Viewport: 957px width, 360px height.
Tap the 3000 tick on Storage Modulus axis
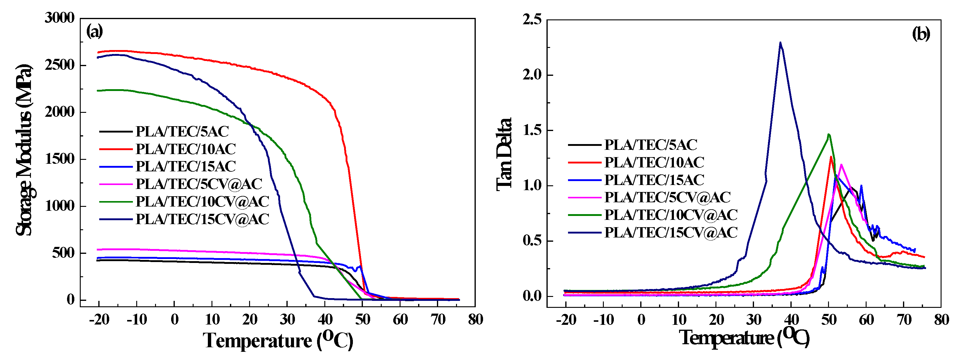59,18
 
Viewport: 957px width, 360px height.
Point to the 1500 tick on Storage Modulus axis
59,159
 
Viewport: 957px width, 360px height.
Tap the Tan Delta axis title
505,155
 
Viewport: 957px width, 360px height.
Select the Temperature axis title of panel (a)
278,340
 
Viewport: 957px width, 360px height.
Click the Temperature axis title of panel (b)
744,337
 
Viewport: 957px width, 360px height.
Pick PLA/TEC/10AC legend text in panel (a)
186,149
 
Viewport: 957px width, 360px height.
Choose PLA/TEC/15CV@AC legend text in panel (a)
202,219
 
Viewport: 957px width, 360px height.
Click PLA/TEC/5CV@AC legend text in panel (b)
668,197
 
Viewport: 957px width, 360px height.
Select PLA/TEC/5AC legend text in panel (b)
651,145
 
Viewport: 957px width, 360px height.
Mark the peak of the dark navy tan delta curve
780,42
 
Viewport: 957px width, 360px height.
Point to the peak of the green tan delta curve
828,134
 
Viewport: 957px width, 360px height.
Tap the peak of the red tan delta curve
831,157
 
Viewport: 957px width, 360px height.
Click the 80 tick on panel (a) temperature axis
475,319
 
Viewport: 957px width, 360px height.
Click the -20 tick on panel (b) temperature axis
566,320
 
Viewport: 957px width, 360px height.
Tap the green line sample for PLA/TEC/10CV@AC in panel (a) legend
116,202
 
